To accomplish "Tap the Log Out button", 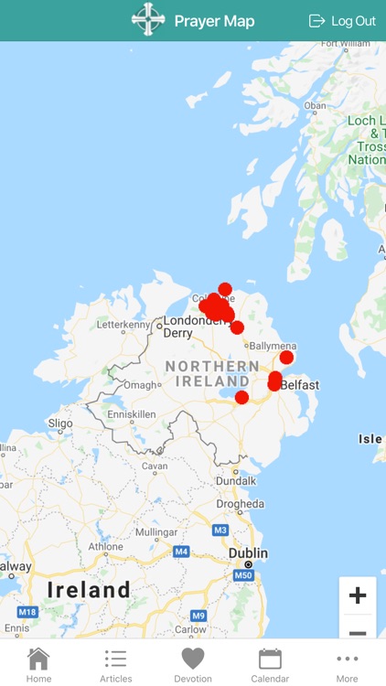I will coord(343,21).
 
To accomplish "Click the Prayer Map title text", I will coord(214,21).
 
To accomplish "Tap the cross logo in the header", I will coord(146,20).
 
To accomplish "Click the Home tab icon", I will coord(38,659).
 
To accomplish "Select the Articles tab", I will coord(115,664).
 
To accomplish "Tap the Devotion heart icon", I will coord(192,659).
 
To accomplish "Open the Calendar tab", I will coord(270,664).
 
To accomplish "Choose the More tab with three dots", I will coord(347,664).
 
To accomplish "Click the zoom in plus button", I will coord(358,595).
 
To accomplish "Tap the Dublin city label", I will coord(248,553).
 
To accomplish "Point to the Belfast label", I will coord(300,385).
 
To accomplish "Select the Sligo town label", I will coord(59,423).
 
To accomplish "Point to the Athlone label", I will coord(105,547).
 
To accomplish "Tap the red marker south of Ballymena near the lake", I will coord(241,397).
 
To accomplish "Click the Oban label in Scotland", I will coord(315,105).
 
